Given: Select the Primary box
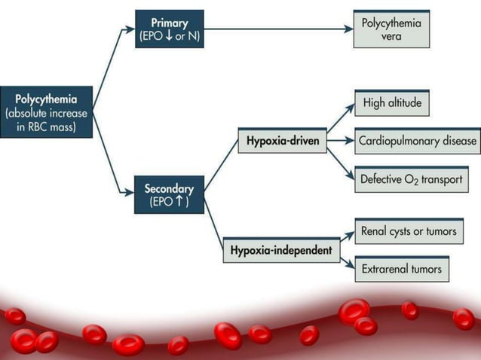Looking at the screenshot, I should [169, 29].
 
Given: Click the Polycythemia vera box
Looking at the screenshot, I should [391, 29].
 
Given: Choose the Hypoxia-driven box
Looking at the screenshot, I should [282, 141].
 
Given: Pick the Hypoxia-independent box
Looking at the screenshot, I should [281, 249].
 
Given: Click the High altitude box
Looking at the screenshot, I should [391, 103].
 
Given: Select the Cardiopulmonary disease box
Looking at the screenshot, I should [417, 141].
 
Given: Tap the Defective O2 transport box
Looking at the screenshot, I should [411, 179].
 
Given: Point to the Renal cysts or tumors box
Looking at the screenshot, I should [408, 231].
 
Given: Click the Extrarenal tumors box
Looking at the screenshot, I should [401, 268].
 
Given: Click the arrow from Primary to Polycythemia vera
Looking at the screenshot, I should [279, 29].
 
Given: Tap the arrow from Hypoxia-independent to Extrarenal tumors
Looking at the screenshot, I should [346, 261].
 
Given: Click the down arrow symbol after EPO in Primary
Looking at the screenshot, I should [170, 35].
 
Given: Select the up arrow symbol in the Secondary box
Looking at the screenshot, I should [178, 203].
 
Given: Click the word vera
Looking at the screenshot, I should [391, 36].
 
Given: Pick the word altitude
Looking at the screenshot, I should [406, 103].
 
